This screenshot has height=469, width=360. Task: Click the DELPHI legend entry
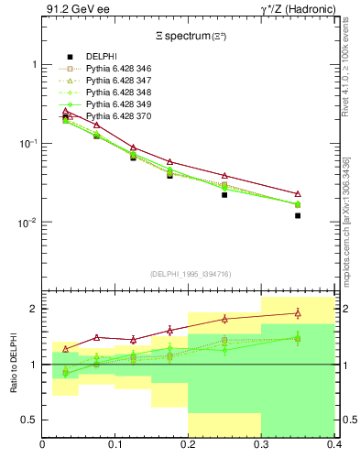click(101, 57)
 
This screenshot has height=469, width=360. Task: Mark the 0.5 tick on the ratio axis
click(32, 420)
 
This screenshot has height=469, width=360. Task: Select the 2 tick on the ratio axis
click(35, 309)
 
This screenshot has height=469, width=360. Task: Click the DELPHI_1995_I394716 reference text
click(189, 274)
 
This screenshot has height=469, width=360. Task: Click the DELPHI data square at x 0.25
click(224, 195)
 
